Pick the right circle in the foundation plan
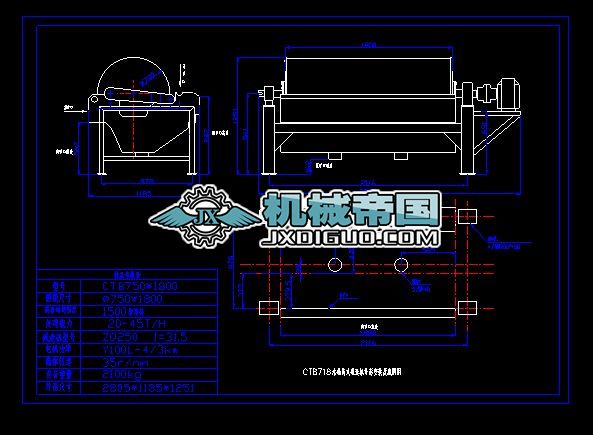pyautogui.click(x=400, y=265)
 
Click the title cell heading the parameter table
pyautogui.click(x=126, y=272)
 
